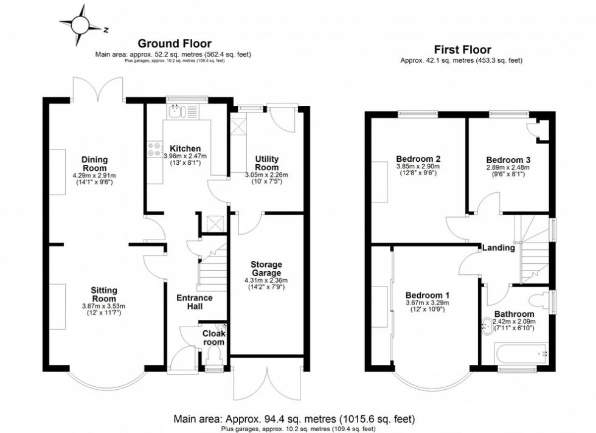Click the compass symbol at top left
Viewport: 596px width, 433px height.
point(80,25)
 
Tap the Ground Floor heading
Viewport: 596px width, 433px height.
point(175,43)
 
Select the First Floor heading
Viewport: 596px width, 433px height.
point(462,49)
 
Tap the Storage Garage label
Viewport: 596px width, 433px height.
point(266,269)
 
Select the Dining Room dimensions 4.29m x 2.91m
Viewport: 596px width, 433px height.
point(94,176)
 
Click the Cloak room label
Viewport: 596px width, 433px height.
point(213,338)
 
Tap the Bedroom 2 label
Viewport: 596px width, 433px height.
point(418,159)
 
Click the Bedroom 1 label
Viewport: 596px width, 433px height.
point(427,295)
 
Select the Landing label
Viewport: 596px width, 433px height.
point(499,248)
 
